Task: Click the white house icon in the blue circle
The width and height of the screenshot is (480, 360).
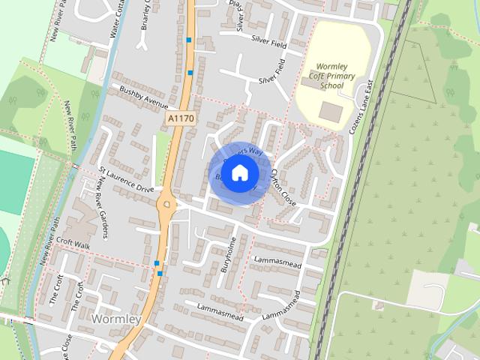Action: pos(239,173)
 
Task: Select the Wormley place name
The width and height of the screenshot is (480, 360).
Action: pos(115,319)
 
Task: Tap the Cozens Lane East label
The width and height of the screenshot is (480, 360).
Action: pos(362,109)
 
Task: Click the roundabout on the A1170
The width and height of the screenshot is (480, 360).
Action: pos(166,203)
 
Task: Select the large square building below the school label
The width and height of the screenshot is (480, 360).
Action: pos(329,112)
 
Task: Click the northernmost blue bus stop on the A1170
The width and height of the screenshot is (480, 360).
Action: pos(190,40)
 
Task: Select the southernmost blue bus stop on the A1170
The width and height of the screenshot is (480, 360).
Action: pos(157,262)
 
